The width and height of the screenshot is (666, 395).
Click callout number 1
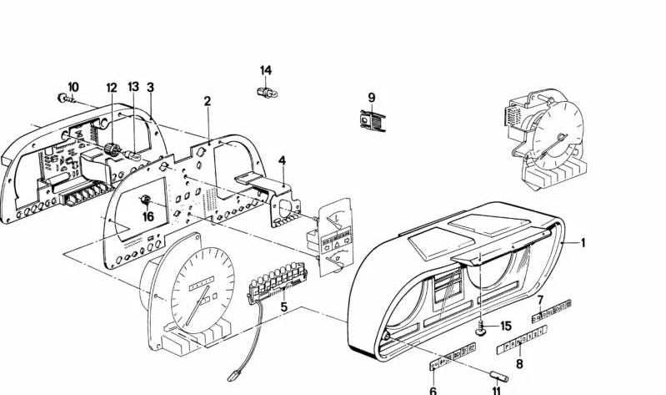coord(583,243)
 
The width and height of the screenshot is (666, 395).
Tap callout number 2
coord(208,102)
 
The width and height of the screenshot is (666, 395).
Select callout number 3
coord(150,87)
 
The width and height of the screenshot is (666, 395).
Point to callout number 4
coord(282,160)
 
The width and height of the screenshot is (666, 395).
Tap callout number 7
coord(539,300)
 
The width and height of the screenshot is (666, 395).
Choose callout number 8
coord(519,363)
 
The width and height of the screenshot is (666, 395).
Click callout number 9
coord(372,97)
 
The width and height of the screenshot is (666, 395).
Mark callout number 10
coord(73,86)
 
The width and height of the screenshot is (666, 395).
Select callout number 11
coord(497,390)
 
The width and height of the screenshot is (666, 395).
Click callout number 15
coord(506,326)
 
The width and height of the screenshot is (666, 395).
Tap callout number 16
coord(148,216)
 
